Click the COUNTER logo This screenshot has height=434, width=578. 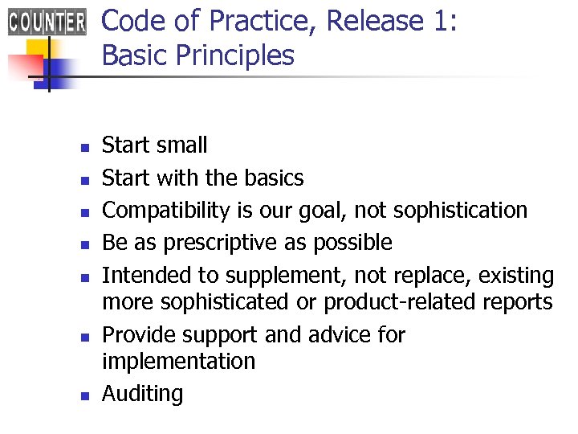[47, 22]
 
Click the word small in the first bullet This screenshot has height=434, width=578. [181, 145]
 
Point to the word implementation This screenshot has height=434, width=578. [178, 362]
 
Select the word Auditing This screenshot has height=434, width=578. [142, 395]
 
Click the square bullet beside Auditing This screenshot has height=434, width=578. [83, 395]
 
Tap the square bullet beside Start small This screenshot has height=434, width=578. [83, 147]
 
